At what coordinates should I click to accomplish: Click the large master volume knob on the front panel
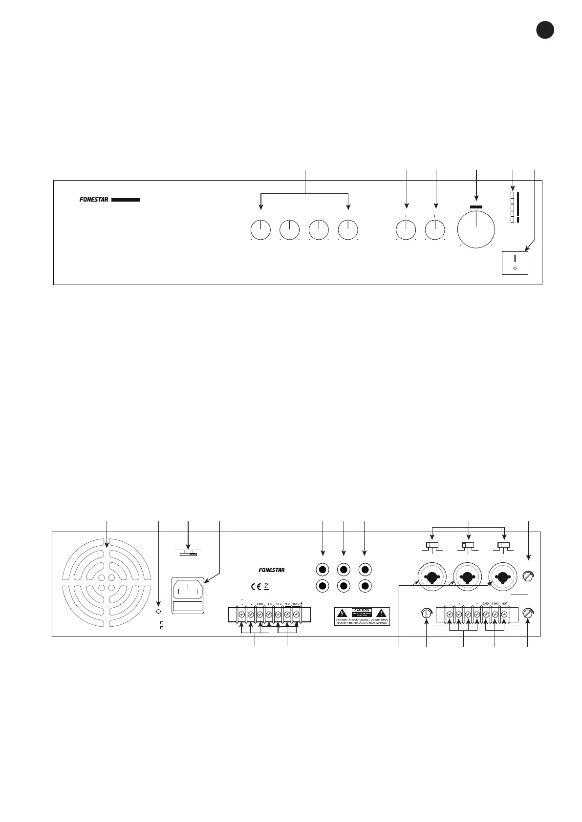click(476, 228)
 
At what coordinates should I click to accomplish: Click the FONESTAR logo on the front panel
click(94, 200)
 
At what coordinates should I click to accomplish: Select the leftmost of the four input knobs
click(260, 229)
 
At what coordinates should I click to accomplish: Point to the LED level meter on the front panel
click(512, 208)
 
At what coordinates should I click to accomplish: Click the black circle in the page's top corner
click(544, 30)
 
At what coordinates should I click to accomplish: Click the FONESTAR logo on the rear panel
click(272, 570)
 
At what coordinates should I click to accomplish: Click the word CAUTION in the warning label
click(362, 611)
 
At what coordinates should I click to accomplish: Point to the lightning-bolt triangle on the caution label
click(343, 613)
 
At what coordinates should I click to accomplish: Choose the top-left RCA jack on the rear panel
click(322, 569)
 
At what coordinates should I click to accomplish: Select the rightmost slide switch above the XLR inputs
click(503, 545)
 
